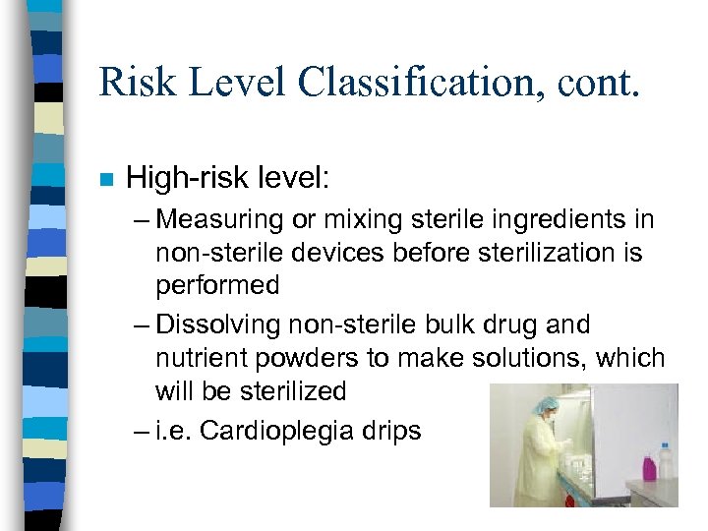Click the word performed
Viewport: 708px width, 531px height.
217,286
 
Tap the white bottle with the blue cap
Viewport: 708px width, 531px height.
665,459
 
